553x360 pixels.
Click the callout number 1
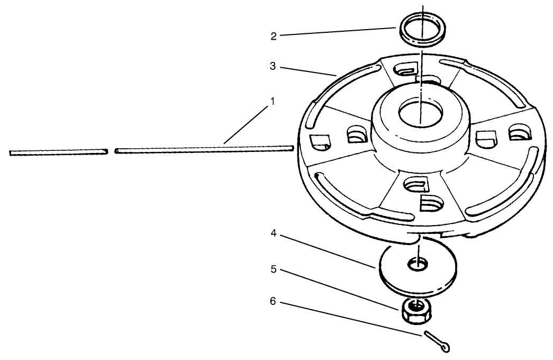click(272, 101)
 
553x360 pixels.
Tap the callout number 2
click(274, 37)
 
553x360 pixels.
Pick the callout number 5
click(273, 269)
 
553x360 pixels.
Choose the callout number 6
click(273, 301)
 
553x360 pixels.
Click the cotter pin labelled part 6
click(437, 340)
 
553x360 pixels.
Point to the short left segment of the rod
click(58, 153)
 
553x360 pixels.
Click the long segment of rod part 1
click(204, 150)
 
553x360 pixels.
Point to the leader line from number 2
click(339, 32)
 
